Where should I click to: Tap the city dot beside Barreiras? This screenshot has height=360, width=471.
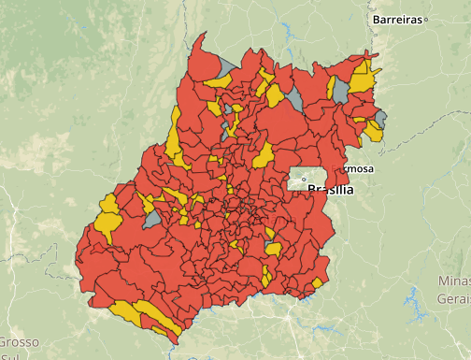pos(426,19)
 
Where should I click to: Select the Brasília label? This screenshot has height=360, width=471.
pos(330,190)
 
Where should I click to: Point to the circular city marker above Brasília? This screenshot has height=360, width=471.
pos(304,180)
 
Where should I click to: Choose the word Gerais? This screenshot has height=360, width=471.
pos(453,298)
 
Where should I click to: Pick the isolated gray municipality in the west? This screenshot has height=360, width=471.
pos(152,219)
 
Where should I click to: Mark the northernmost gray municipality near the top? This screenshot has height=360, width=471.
pos(225,65)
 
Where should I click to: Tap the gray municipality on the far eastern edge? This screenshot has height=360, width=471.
pos(381,118)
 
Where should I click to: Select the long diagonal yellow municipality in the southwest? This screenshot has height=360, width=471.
pos(159,319)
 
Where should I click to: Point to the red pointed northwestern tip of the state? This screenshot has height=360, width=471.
pos(201,39)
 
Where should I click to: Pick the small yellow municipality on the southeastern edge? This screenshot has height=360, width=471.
pos(318,281)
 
